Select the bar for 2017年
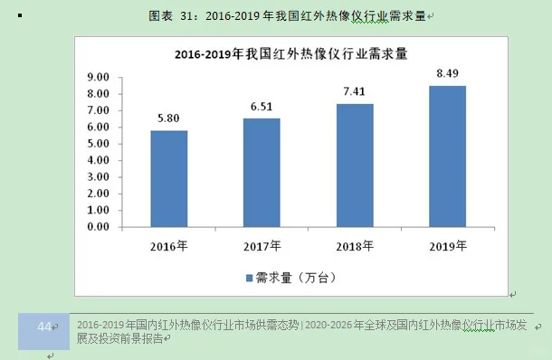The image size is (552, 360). (262, 172)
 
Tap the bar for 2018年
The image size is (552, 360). (355, 165)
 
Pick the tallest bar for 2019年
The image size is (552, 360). (447, 156)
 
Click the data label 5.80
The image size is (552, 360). (169, 118)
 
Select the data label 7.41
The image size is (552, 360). (355, 91)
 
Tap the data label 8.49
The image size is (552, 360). (447, 73)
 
